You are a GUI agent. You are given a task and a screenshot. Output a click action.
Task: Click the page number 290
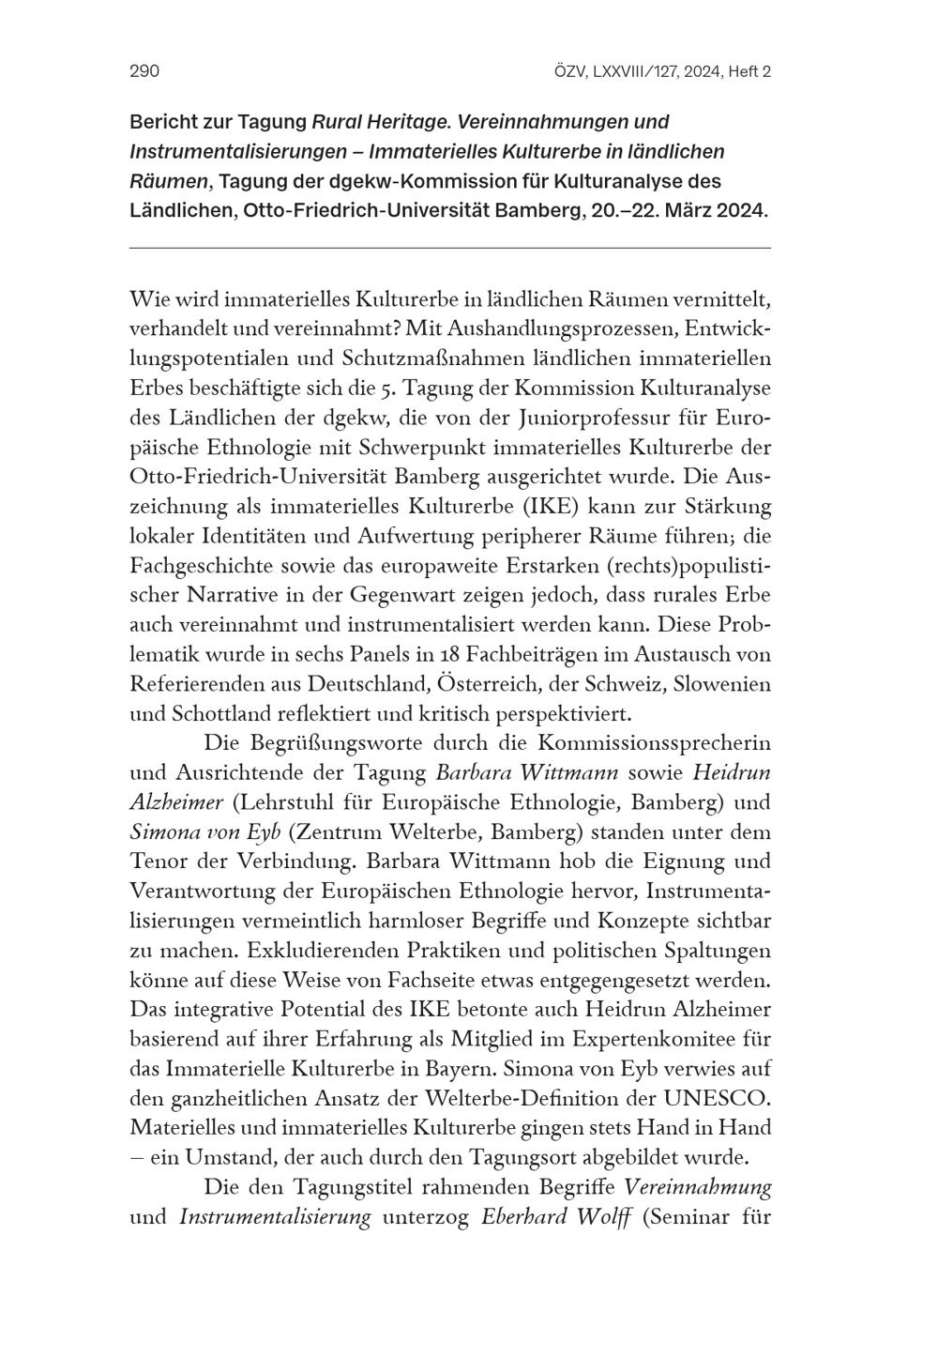144,71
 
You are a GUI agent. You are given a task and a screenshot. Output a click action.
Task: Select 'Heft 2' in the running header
748,71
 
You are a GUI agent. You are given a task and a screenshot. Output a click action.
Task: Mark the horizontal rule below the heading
449,248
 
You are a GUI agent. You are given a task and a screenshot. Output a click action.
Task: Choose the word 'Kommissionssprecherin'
654,742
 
